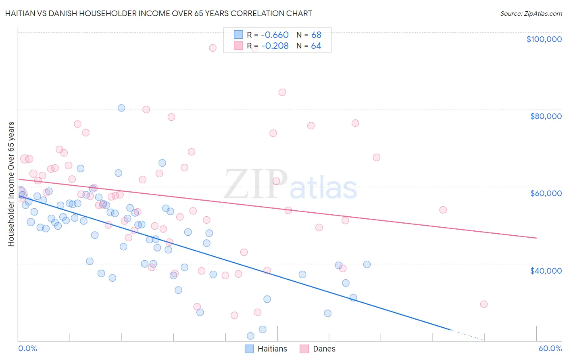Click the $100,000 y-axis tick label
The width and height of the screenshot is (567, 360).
click(544, 39)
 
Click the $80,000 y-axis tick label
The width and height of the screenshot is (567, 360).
click(546, 116)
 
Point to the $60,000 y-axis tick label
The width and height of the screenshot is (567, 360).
click(546, 193)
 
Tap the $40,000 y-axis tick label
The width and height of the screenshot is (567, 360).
click(546, 270)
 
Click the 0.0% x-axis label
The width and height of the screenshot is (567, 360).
click(27, 348)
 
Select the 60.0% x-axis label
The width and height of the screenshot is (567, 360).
click(550, 348)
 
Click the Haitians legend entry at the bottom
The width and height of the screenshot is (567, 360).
click(266, 349)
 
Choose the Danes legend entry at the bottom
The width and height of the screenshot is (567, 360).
click(318, 349)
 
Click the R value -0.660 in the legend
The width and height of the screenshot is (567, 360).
click(275, 35)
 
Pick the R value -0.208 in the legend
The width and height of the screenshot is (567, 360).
click(275, 46)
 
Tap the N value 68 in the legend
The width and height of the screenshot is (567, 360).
click(316, 35)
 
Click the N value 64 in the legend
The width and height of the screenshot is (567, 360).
click(316, 46)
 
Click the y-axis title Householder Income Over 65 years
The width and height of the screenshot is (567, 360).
click(11, 184)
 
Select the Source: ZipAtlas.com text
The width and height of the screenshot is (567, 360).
click(531, 13)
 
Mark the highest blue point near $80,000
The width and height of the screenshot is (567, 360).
click(121, 108)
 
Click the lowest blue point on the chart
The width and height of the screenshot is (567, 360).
click(250, 336)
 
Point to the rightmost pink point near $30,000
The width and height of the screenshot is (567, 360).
click(484, 304)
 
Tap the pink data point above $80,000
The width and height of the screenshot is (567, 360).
click(282, 92)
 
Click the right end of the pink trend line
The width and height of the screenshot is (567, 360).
click(536, 238)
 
